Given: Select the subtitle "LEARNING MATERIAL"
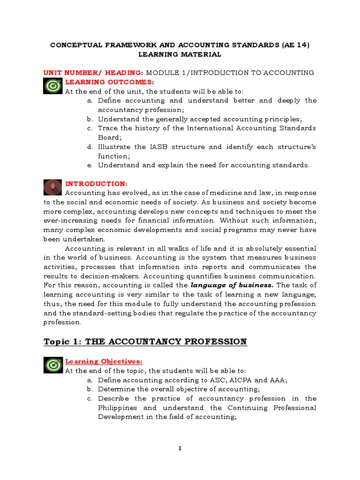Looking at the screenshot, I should pyautogui.click(x=180, y=54).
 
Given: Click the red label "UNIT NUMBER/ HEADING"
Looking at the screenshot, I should pyautogui.click(x=93, y=73).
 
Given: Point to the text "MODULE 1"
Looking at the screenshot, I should pyautogui.click(x=167, y=73).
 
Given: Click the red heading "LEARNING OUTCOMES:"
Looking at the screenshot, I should pyautogui.click(x=103, y=82).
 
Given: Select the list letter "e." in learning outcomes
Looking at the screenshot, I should pyautogui.click(x=90, y=165).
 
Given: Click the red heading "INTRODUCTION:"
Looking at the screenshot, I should pyautogui.click(x=96, y=183).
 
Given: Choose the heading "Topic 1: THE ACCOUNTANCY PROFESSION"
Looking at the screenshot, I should pyautogui.click(x=145, y=342).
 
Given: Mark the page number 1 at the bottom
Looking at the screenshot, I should pyautogui.click(x=180, y=448).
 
